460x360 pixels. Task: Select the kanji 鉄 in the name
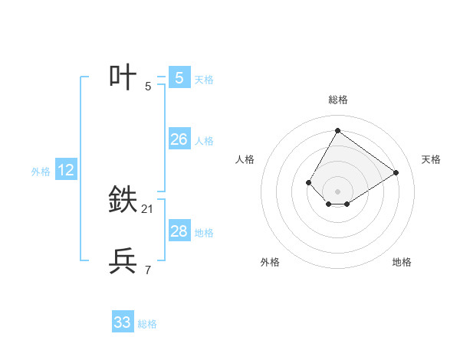(124, 200)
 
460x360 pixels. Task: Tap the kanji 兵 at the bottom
(124, 261)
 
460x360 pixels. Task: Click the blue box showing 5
(179, 77)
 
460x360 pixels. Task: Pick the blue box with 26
(179, 139)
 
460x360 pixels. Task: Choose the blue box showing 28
(179, 231)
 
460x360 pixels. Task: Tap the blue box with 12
(66, 170)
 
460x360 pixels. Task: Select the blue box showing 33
(123, 322)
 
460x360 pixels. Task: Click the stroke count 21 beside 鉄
(148, 209)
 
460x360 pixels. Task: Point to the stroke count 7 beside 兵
(148, 270)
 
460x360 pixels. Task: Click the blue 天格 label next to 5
(204, 79)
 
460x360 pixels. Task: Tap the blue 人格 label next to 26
(204, 141)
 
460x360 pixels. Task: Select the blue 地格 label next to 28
(204, 233)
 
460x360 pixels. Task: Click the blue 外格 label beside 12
(41, 172)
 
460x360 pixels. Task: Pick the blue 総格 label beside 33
(147, 324)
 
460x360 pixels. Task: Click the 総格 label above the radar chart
(337, 100)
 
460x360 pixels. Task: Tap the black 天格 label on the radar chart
(432, 159)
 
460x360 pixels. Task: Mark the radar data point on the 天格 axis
(396, 172)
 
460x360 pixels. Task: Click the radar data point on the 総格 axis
(337, 130)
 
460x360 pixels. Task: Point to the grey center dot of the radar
(337, 191)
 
